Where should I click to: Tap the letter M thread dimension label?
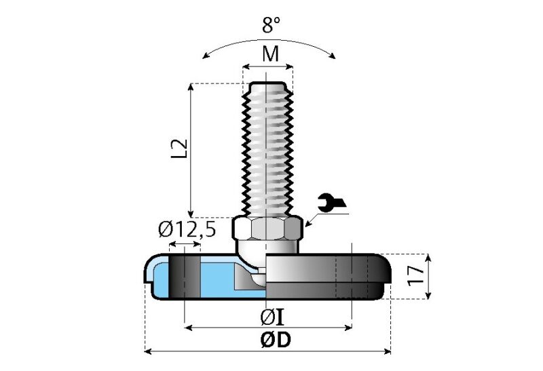click(270, 54)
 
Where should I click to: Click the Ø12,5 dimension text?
click(187, 230)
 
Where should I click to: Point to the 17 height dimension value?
click(416, 274)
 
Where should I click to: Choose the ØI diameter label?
click(271, 316)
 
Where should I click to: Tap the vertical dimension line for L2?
click(191, 149)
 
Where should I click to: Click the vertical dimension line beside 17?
click(428, 276)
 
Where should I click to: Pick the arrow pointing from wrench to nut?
click(315, 218)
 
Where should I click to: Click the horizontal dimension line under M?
click(269, 66)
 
